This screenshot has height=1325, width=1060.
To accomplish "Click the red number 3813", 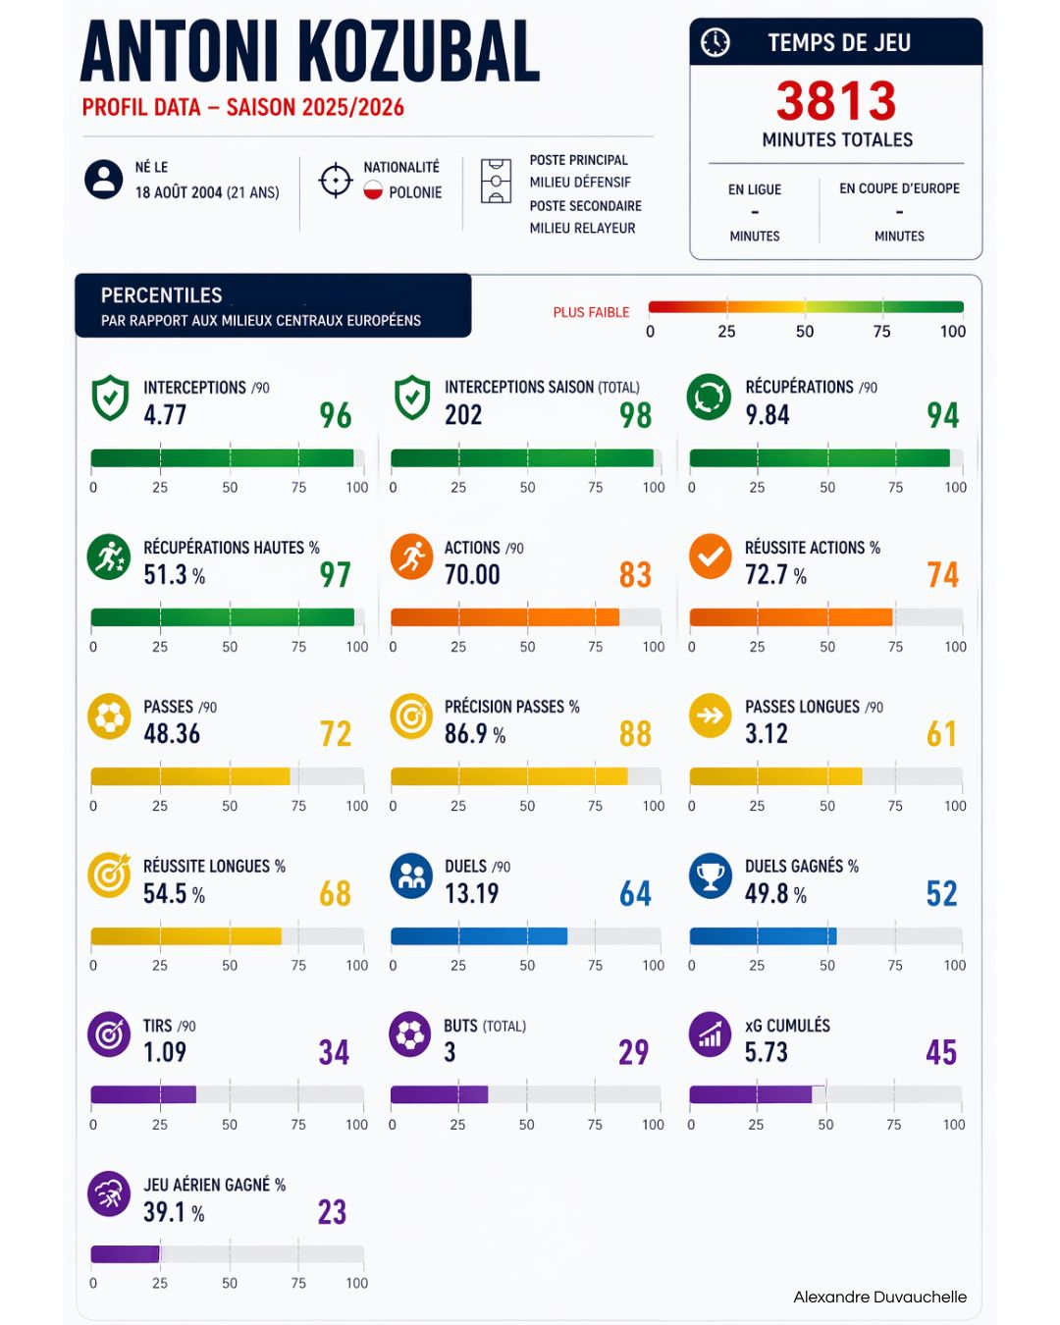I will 836,101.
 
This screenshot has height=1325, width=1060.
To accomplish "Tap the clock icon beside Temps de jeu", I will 715,42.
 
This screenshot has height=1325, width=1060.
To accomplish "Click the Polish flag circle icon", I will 373,191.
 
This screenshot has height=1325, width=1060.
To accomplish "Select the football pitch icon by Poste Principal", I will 496,182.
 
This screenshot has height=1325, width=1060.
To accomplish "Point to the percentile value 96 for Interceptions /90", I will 336,416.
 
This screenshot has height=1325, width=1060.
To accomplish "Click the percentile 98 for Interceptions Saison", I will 636,416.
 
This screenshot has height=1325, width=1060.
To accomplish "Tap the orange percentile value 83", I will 636,575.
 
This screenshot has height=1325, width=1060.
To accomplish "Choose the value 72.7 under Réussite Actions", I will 766,575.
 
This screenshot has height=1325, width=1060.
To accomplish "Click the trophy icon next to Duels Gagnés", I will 710,875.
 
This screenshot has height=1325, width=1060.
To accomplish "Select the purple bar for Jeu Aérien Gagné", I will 125,1253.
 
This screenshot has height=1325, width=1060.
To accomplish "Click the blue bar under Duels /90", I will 479,935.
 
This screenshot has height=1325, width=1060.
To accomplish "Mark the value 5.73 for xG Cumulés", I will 766,1053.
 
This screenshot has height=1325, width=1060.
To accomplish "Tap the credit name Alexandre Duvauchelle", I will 879,1297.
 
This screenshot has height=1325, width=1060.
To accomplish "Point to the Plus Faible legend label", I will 591,312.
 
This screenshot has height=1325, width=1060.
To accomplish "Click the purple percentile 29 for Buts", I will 634,1053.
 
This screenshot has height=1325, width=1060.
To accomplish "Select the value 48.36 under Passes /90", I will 172,734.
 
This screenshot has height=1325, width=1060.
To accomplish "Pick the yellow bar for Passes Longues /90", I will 775,776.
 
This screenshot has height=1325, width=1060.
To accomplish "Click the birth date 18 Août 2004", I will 178,192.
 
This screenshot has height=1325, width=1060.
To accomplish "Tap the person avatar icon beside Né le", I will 104,180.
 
